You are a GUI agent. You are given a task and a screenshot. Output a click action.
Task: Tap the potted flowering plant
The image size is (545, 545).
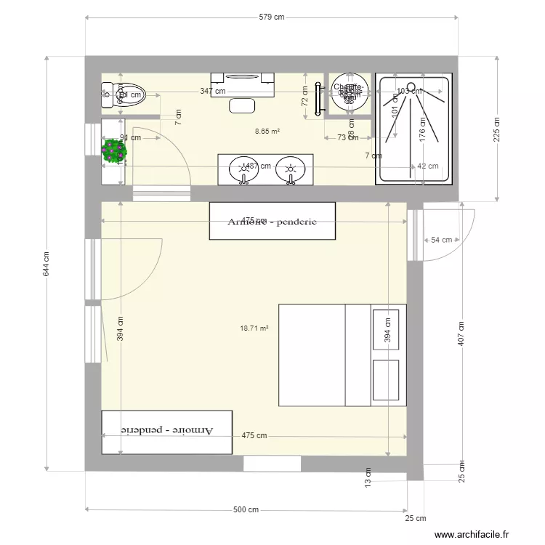[x=114, y=151]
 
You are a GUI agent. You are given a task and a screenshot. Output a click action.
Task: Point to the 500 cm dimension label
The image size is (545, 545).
[x=246, y=509]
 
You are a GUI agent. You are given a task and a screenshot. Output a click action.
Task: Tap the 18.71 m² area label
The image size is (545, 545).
[x=254, y=328]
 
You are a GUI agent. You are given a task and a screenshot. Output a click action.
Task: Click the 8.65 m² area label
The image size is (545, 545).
[x=267, y=132]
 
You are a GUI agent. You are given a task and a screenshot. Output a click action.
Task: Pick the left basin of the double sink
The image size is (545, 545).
[x=242, y=170]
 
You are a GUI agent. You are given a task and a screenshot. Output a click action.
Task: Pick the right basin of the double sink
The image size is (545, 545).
[x=291, y=170]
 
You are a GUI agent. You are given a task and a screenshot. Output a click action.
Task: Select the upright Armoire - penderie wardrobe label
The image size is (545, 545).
[x=272, y=222]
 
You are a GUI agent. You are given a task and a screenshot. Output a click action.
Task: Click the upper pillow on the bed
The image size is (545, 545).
[x=386, y=330]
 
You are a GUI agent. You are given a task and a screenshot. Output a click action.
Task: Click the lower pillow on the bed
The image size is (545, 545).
[x=386, y=379]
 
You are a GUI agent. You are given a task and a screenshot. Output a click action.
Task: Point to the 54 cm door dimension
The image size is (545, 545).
[x=441, y=240]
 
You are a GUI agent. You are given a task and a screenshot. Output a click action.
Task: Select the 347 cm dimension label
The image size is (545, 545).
[x=213, y=92]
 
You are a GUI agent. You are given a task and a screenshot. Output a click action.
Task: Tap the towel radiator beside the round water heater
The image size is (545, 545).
[x=318, y=99]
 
